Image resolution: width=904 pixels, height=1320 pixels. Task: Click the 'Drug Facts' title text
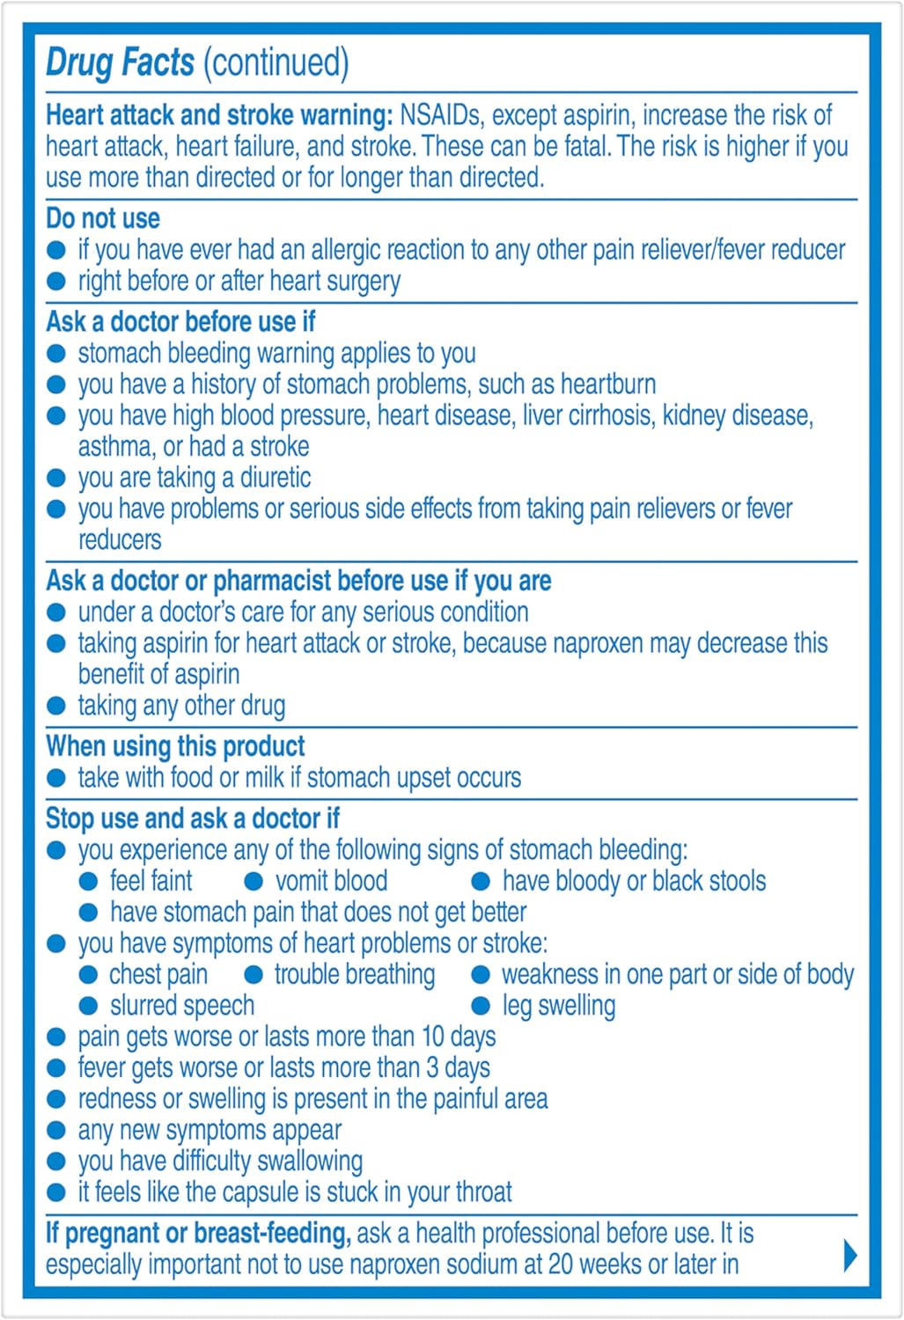coord(120,62)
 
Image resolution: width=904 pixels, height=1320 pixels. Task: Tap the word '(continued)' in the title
coord(276,62)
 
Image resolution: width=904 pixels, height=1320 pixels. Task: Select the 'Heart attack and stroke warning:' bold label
coord(219,115)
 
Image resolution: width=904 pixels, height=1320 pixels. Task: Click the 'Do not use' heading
coord(103,218)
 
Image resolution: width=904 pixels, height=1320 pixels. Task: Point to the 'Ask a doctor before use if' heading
coord(180,322)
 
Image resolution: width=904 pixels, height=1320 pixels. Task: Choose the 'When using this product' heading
coord(175,746)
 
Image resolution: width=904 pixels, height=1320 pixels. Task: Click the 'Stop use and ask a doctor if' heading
coord(192,818)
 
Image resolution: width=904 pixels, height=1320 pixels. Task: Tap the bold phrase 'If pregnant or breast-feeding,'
coord(198,1233)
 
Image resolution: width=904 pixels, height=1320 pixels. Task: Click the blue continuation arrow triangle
coord(849,1255)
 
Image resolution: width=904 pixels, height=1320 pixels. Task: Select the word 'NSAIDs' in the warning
coord(441,115)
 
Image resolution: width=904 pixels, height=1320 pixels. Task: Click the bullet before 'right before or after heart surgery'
coord(56,282)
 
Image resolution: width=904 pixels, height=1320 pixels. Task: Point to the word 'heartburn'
coord(608,385)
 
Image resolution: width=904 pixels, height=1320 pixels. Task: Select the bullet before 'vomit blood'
coord(254,881)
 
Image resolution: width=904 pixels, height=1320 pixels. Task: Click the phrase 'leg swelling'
coord(558,1006)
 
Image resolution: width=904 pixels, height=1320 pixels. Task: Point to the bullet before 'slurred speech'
coord(88,1006)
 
